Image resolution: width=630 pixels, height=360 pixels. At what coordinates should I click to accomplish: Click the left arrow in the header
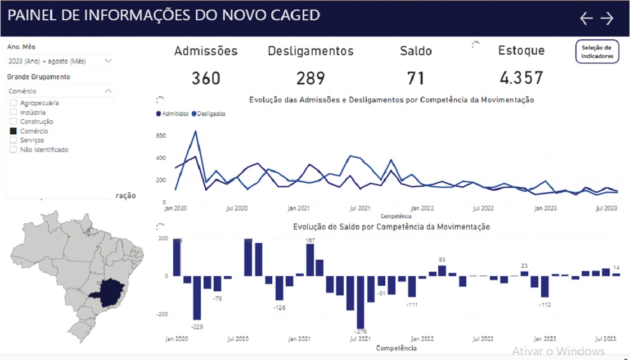pyautogui.click(x=586, y=19)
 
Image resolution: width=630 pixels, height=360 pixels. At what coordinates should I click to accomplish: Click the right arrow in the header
pyautogui.click(x=606, y=19)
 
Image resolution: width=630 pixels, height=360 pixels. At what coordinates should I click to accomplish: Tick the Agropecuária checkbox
pyautogui.click(x=13, y=103)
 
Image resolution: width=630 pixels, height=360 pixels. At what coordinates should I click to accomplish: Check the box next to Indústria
pyautogui.click(x=13, y=112)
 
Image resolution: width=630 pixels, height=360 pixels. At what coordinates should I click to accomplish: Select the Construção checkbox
pyautogui.click(x=13, y=121)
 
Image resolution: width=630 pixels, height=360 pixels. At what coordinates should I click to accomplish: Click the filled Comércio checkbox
pyautogui.click(x=13, y=131)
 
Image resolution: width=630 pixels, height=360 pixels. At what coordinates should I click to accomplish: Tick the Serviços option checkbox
pyautogui.click(x=13, y=140)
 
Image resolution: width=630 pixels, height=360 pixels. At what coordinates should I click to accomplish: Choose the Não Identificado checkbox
pyautogui.click(x=13, y=150)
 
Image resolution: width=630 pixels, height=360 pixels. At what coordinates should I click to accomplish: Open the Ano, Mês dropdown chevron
pyautogui.click(x=108, y=61)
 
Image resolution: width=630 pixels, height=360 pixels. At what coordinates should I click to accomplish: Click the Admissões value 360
pyautogui.click(x=206, y=78)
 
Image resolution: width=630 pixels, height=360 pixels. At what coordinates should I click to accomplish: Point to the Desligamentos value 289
pyautogui.click(x=310, y=78)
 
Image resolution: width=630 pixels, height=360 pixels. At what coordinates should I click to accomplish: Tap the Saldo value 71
pyautogui.click(x=416, y=78)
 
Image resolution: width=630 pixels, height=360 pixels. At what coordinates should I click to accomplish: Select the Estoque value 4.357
pyautogui.click(x=521, y=78)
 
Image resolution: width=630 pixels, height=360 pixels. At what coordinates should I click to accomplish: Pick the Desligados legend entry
pyautogui.click(x=209, y=114)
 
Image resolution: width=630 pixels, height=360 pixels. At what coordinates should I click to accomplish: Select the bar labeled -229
pyautogui.click(x=197, y=298)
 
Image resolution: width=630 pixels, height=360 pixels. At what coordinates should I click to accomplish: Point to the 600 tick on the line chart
pyautogui.click(x=161, y=136)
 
